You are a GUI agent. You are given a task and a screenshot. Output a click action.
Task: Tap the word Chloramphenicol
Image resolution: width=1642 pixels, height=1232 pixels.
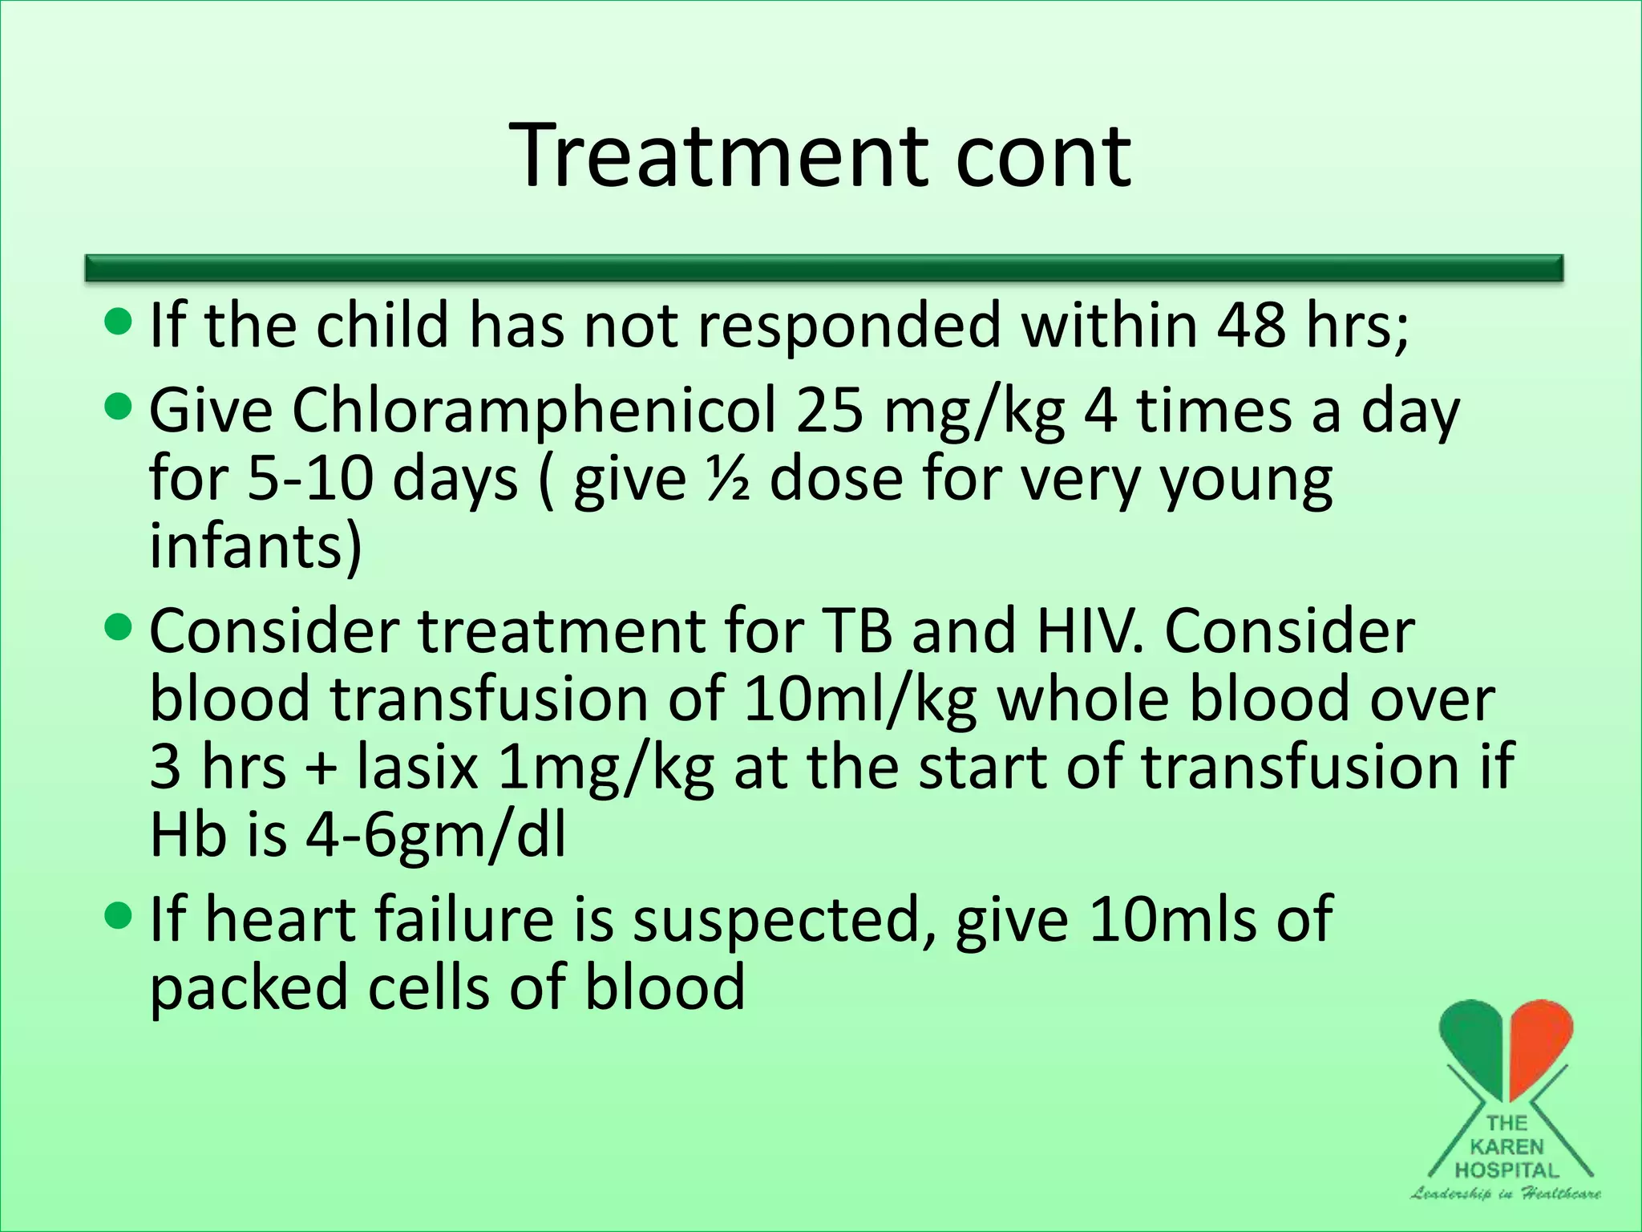tap(534, 411)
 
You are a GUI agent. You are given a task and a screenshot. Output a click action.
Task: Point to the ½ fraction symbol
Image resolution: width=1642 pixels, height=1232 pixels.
tap(728, 479)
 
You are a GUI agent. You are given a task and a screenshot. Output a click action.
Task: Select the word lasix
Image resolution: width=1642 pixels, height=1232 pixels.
tap(418, 766)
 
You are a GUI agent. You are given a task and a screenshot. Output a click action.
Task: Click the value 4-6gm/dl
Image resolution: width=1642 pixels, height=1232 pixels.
tap(436, 836)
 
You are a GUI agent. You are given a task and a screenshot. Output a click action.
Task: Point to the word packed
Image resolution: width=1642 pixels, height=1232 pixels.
tap(249, 988)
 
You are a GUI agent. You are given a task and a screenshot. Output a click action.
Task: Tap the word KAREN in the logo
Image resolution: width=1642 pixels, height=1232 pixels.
tap(1507, 1147)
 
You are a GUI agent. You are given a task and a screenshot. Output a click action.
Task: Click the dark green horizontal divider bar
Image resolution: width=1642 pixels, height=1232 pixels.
tap(824, 268)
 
